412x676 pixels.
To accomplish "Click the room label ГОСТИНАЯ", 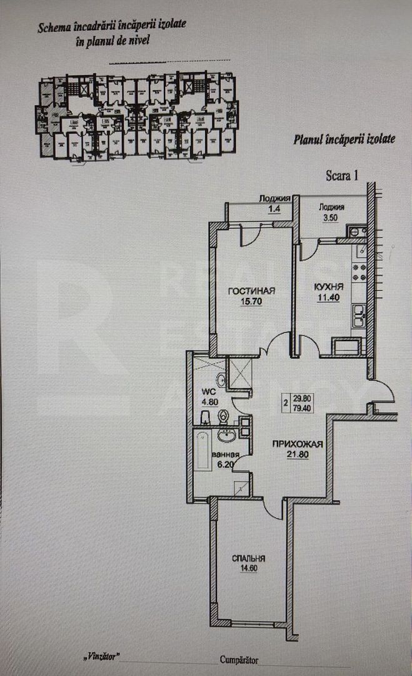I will coord(251,290).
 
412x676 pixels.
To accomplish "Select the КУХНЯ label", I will coord(326,287).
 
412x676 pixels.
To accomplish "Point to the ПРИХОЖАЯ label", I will coord(297,444).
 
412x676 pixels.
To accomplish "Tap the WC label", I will coord(208,392).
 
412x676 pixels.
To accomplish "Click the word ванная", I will coord(225,455).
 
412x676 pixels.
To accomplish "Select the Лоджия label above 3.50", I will coord(332,207).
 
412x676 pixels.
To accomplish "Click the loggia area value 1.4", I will coord(274,209).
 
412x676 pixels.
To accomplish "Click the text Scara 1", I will coord(342,175).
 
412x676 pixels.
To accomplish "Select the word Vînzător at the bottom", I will coord(101,659).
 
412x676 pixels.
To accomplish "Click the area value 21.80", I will coord(297,454).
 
